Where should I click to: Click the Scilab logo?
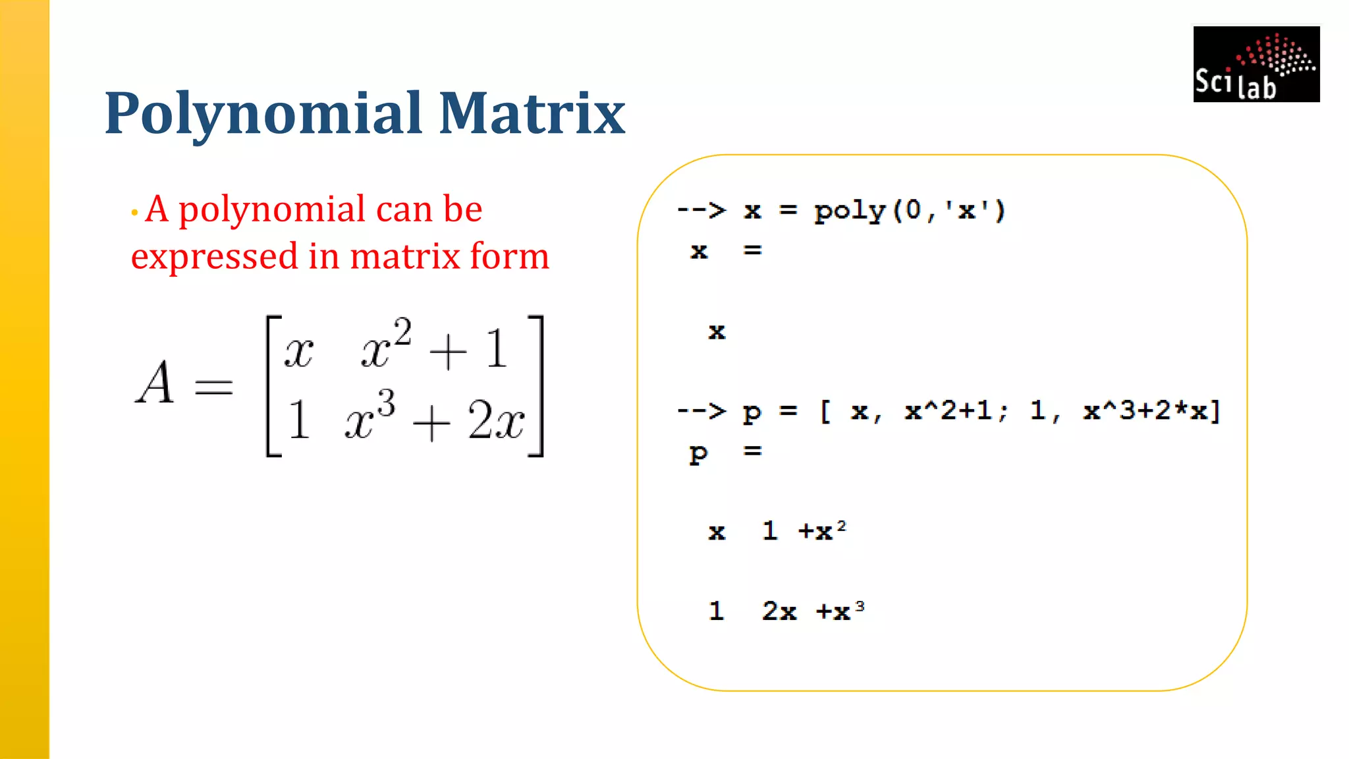point(1256,64)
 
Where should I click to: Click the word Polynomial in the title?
point(263,113)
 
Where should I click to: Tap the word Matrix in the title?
point(532,113)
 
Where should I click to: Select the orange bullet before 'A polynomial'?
point(134,212)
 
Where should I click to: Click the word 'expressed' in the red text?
point(215,257)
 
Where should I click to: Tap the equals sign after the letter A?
point(214,386)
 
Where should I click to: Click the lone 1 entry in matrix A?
point(298,420)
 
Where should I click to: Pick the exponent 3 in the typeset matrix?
point(387,403)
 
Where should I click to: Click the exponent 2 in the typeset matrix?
point(402,332)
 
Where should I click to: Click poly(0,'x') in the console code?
point(910,211)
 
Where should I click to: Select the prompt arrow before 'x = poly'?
point(702,210)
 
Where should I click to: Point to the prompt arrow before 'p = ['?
point(702,410)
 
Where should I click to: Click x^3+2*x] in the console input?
point(1152,410)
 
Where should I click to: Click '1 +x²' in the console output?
point(804,530)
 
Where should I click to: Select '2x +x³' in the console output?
point(813,611)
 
